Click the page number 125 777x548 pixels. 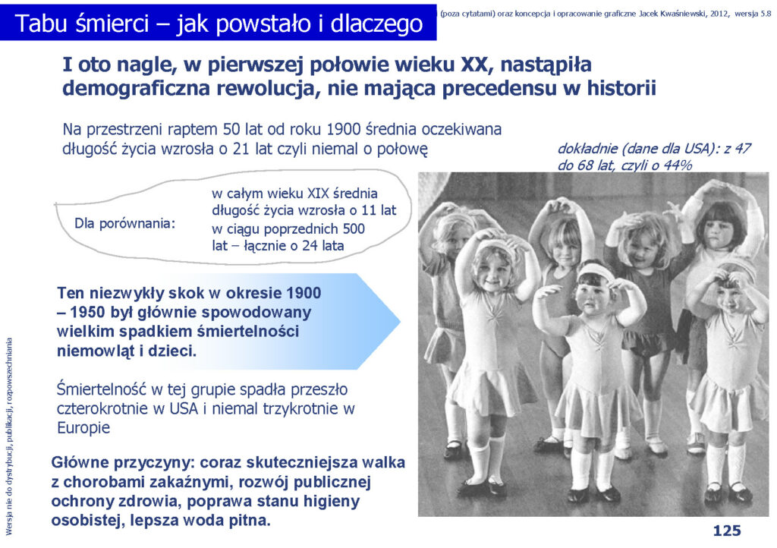(726, 531)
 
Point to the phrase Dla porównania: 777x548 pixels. (125, 223)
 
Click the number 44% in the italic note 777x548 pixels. (678, 165)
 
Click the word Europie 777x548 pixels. (83, 427)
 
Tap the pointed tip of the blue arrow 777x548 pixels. (399, 322)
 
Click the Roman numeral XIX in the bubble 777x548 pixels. (319, 194)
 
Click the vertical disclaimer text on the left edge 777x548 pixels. (8, 436)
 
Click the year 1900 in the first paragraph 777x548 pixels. (344, 129)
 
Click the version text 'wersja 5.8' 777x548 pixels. (753, 14)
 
